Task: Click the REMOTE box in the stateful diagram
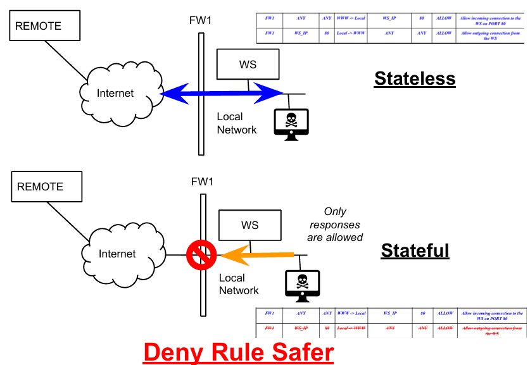click(x=46, y=187)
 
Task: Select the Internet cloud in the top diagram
click(x=115, y=94)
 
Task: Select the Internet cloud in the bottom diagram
click(x=117, y=254)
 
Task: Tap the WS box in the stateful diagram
click(x=249, y=225)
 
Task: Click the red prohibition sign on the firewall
click(x=201, y=256)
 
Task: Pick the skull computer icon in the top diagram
click(x=291, y=123)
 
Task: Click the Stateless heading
click(x=415, y=78)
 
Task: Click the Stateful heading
click(x=415, y=251)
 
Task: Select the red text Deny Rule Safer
click(x=239, y=352)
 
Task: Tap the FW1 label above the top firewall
click(x=201, y=21)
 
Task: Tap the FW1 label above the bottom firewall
click(x=202, y=182)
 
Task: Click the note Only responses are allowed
click(x=335, y=225)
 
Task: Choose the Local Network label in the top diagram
click(x=237, y=123)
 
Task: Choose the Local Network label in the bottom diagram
click(x=239, y=284)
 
